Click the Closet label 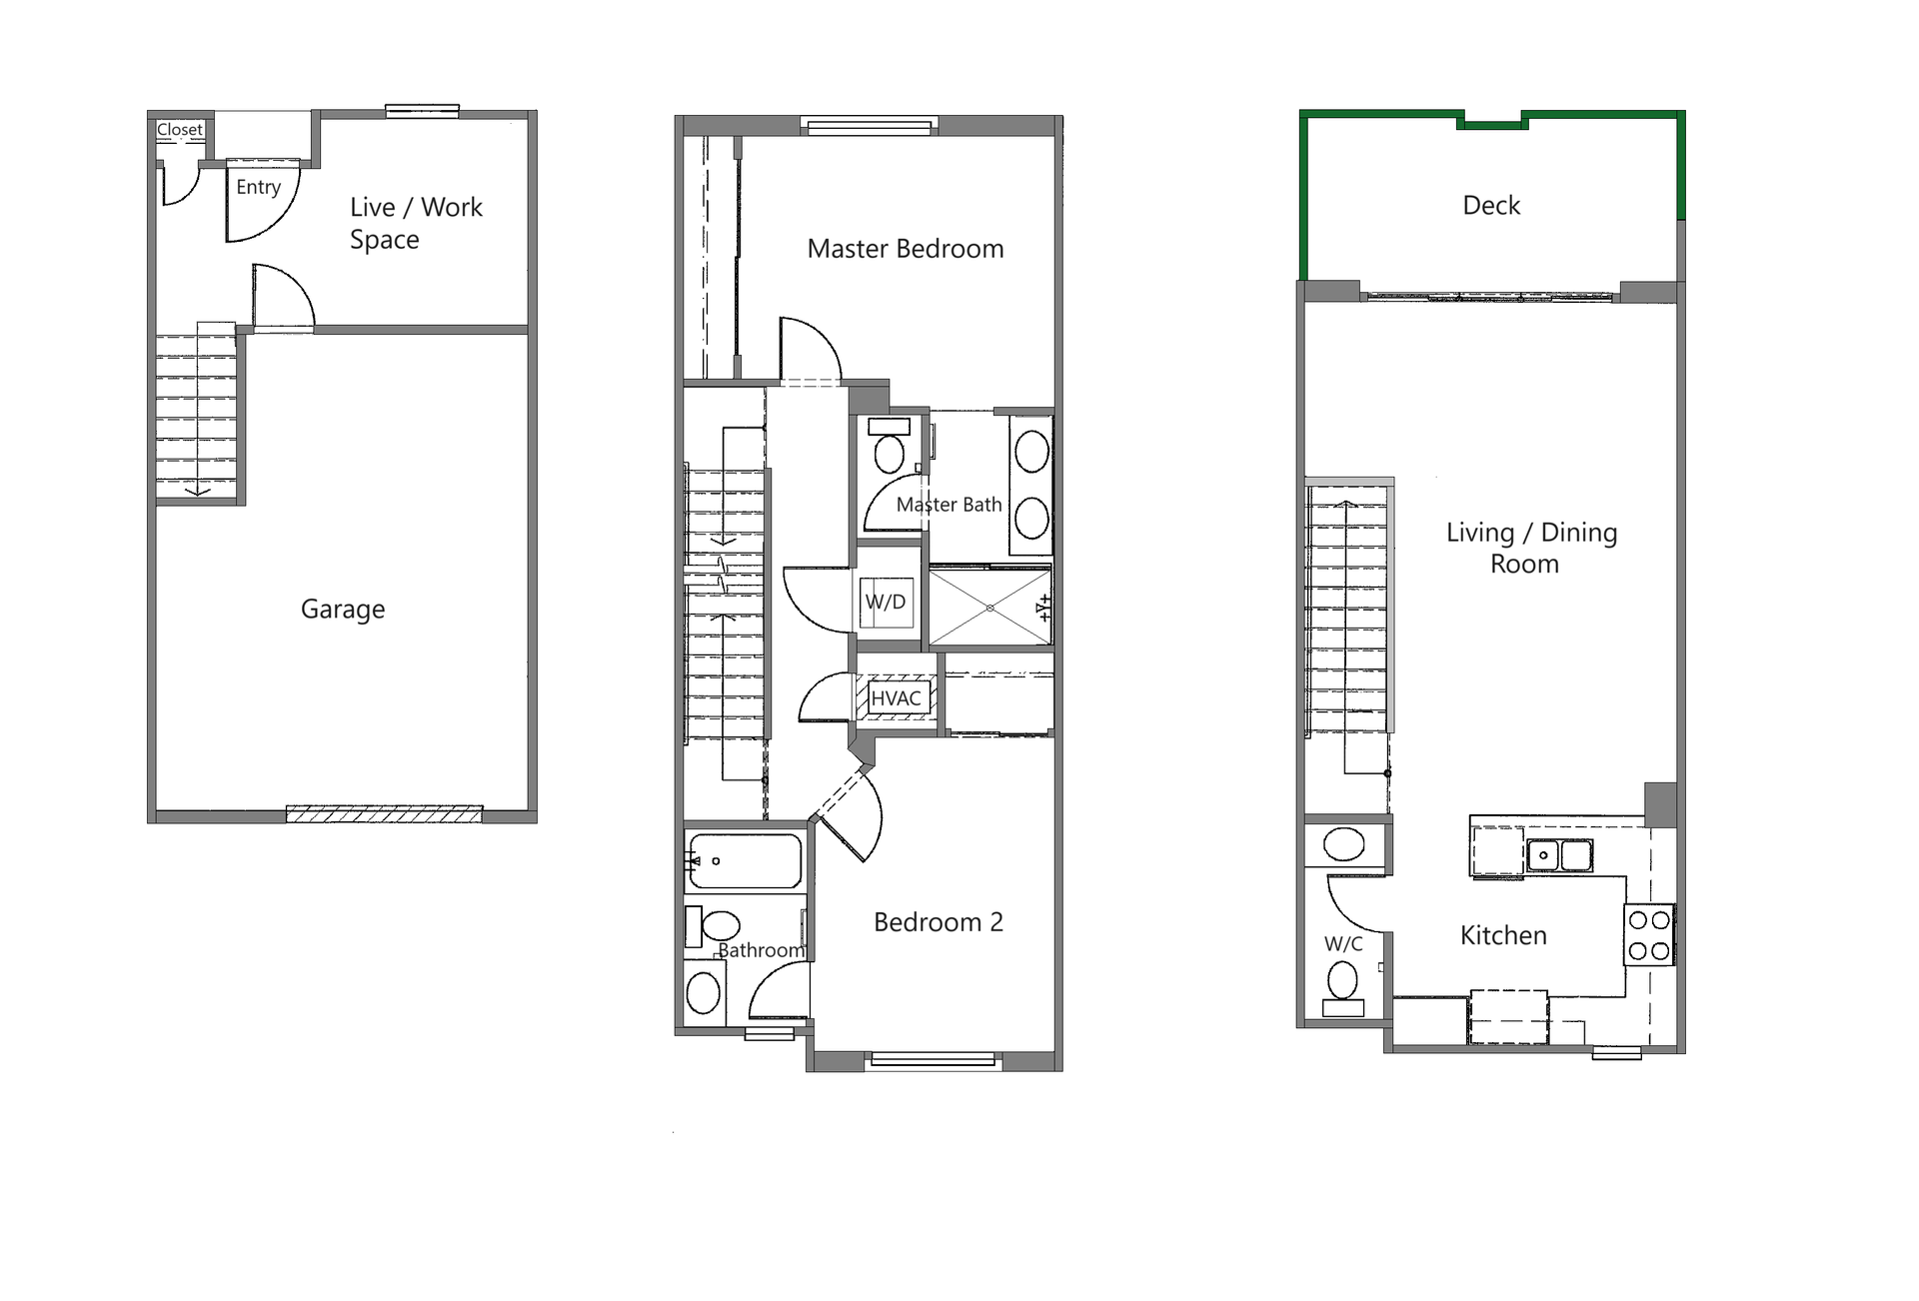click(180, 130)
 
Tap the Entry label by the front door click(258, 187)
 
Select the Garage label click(343, 609)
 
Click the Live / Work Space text click(416, 223)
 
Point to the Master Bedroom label click(906, 249)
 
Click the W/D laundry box click(887, 603)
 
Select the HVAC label click(896, 698)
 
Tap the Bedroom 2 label click(939, 922)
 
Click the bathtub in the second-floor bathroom click(745, 861)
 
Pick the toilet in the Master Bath click(889, 447)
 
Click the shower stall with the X click(989, 608)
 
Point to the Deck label click(1491, 206)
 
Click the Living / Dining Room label click(1531, 548)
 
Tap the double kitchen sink click(1559, 856)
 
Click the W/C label click(1343, 943)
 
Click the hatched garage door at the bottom click(384, 814)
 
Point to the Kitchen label click(1503, 936)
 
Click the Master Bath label click(949, 506)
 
